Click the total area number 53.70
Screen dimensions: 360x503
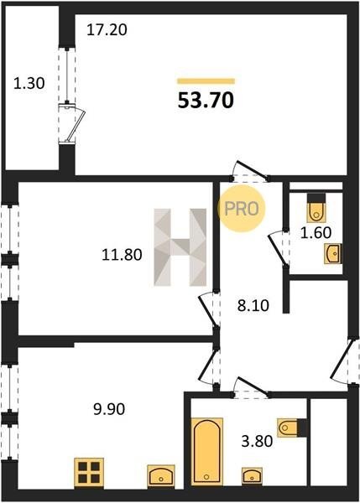click(x=206, y=101)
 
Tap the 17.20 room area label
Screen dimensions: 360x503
click(x=107, y=30)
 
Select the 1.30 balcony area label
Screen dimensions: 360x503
click(x=29, y=83)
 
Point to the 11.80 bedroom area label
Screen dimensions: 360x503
click(x=122, y=255)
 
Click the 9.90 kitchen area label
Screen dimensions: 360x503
click(x=109, y=409)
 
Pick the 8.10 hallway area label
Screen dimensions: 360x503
click(x=253, y=306)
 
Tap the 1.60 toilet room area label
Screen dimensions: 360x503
click(x=316, y=232)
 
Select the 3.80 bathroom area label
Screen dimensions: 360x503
click(x=257, y=441)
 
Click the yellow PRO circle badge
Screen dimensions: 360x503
click(x=242, y=209)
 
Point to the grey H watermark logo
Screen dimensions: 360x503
click(x=180, y=246)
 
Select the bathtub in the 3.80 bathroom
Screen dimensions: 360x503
click(x=207, y=451)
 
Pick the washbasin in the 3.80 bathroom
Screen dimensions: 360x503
click(x=252, y=475)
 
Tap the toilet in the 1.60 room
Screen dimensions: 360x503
click(x=316, y=209)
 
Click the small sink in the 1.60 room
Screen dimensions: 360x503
click(x=333, y=253)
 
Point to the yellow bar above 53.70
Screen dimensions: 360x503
click(x=206, y=81)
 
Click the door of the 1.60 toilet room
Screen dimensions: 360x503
click(x=278, y=247)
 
